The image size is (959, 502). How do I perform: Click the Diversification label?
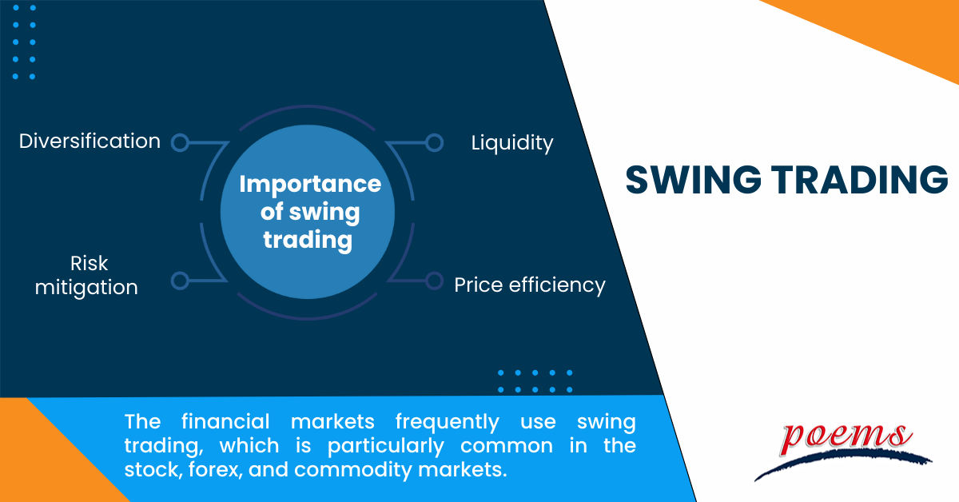pyautogui.click(x=90, y=141)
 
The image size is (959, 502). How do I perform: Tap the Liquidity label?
pyautogui.click(x=512, y=143)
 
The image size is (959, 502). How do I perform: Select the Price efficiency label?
pyautogui.click(x=530, y=285)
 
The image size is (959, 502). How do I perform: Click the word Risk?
pyautogui.click(x=89, y=263)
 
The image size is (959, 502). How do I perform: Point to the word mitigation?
pyautogui.click(x=86, y=288)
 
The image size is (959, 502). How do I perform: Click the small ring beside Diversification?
pyautogui.click(x=180, y=142)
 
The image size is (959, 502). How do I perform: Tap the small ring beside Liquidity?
pyautogui.click(x=434, y=142)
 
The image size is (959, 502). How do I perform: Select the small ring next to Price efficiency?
pyautogui.click(x=434, y=281)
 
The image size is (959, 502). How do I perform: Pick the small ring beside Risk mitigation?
pyautogui.click(x=180, y=281)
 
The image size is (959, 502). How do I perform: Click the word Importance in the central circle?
pyautogui.click(x=310, y=185)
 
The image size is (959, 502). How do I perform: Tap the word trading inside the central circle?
pyautogui.click(x=308, y=240)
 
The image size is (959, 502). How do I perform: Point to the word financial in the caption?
pyautogui.click(x=225, y=421)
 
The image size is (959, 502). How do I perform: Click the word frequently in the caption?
pyautogui.click(x=448, y=422)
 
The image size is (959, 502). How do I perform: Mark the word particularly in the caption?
pyautogui.click(x=386, y=446)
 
